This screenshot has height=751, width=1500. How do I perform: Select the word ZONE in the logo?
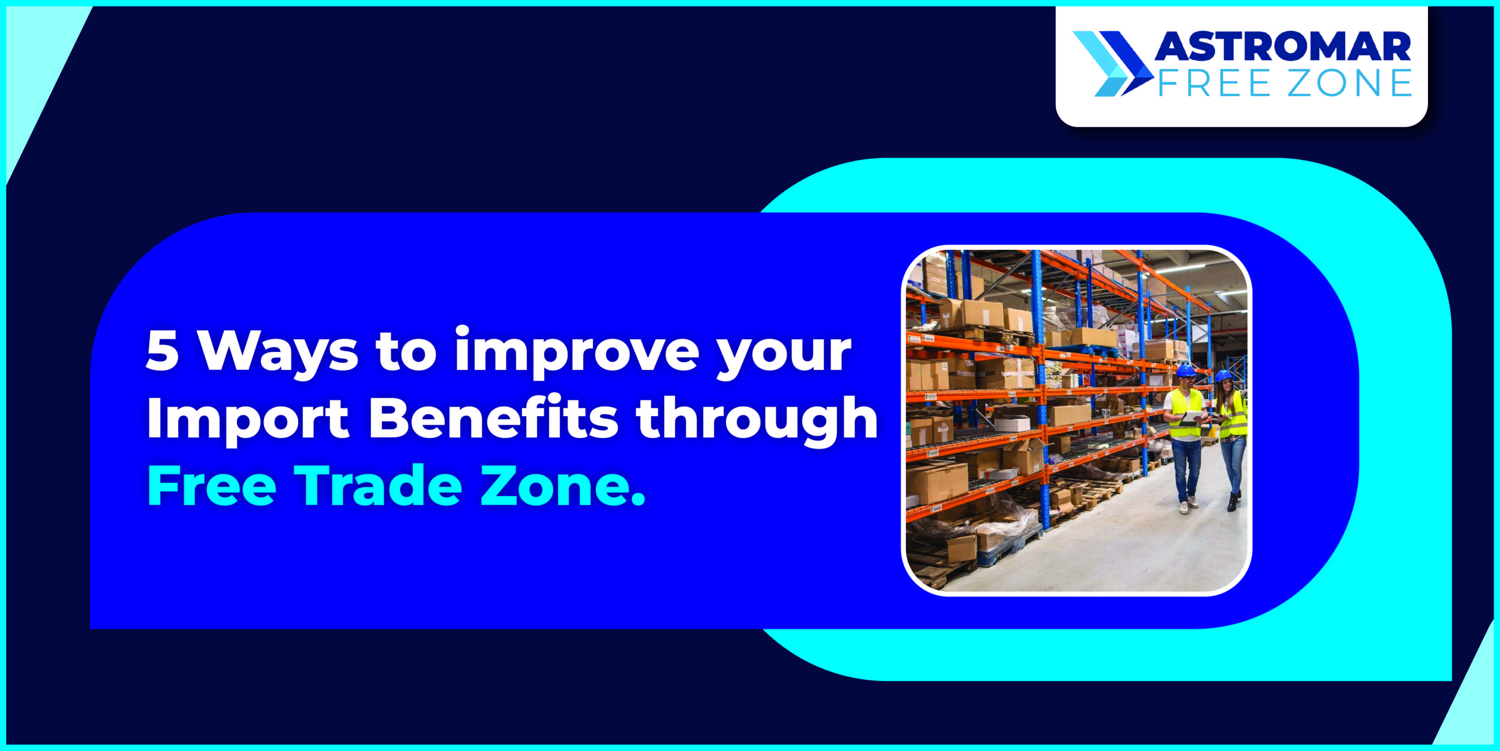coord(1349,83)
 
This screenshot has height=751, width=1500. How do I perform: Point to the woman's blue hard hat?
coord(1223,376)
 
